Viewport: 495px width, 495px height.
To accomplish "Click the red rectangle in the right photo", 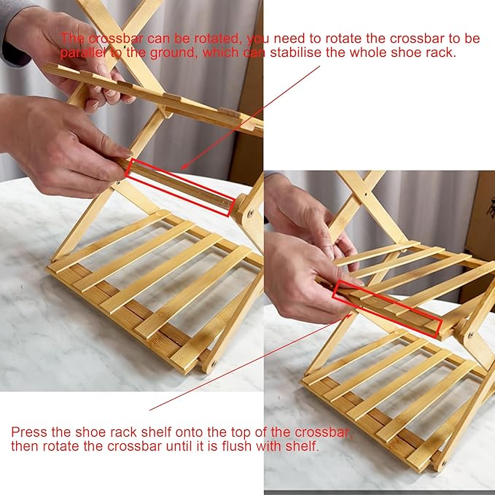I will pos(387,309).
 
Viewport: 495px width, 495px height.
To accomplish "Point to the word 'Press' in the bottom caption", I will pos(28,432).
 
